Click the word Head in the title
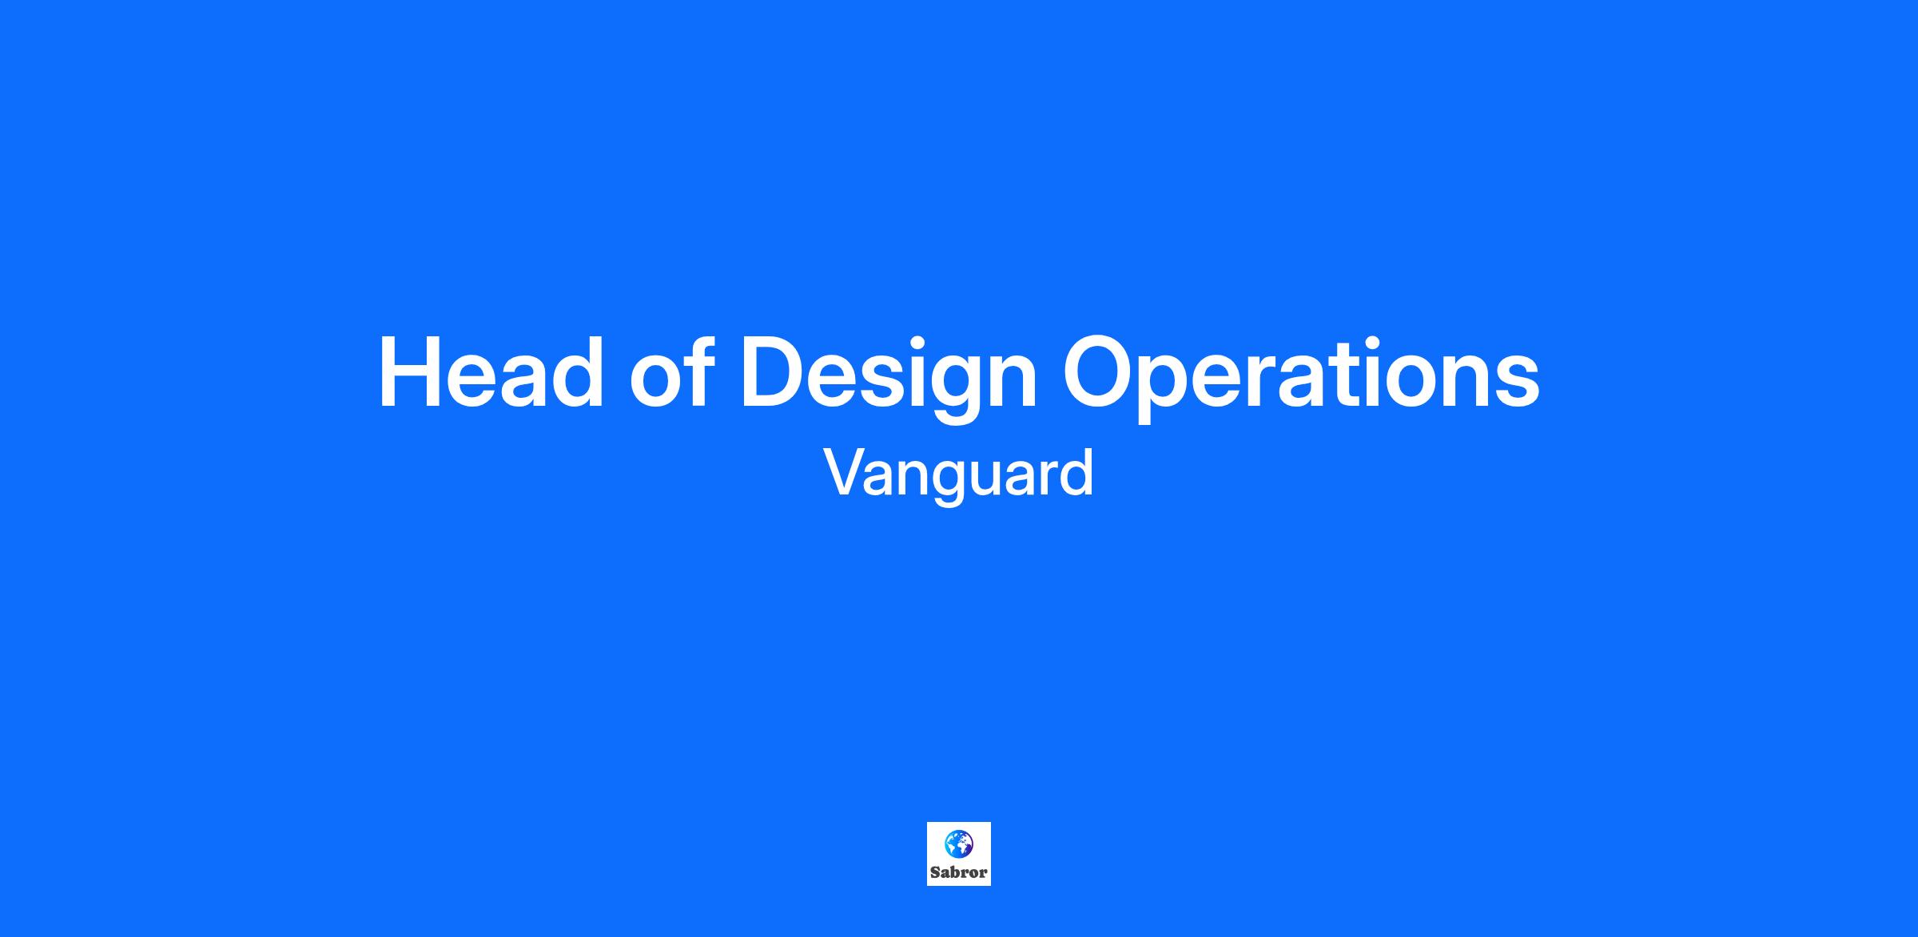pos(491,373)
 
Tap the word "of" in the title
pos(671,372)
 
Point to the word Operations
pos(1301,379)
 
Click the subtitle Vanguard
pos(959,474)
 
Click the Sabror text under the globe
pos(959,872)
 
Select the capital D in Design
pos(774,373)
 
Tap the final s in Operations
pos(1514,383)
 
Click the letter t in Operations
pos(1339,376)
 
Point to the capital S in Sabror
pos(935,872)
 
